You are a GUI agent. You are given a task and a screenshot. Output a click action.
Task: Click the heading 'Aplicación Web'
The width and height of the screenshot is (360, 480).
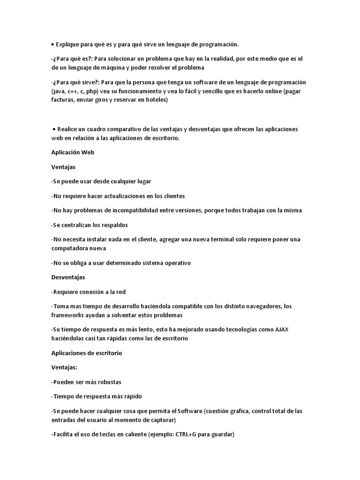[x=73, y=152]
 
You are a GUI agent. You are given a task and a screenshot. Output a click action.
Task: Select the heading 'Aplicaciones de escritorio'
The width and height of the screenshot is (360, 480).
[x=87, y=353]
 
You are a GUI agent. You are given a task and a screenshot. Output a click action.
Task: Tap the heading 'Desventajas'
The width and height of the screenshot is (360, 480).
[x=68, y=277]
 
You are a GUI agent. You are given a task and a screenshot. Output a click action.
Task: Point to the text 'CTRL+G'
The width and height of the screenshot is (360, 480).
[x=189, y=435]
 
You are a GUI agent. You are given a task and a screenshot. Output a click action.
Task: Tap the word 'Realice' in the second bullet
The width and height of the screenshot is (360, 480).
[x=69, y=129]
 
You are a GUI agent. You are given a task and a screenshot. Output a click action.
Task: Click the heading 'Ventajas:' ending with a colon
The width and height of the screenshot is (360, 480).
[x=64, y=367]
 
